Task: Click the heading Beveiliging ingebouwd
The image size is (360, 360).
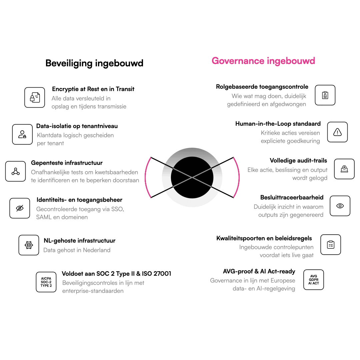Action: pyautogui.click(x=94, y=63)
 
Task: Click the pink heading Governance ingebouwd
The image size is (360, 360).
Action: pyautogui.click(x=263, y=61)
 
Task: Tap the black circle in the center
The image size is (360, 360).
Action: pyautogui.click(x=192, y=177)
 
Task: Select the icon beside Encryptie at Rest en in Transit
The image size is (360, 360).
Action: pyautogui.click(x=35, y=97)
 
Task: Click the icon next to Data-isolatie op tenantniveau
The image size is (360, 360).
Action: pyautogui.click(x=22, y=134)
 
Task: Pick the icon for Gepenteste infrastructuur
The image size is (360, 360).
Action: pyautogui.click(x=16, y=171)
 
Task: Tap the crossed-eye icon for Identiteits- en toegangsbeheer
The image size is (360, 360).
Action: pyautogui.click(x=20, y=208)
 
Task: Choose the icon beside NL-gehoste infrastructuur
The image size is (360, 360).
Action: pyautogui.click(x=29, y=245)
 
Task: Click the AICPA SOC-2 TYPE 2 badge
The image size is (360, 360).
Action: pyautogui.click(x=46, y=282)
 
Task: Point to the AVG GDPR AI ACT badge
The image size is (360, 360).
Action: pyautogui.click(x=314, y=280)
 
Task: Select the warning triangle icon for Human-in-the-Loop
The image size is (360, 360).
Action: pyautogui.click(x=337, y=132)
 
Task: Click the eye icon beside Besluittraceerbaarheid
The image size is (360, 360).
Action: pyautogui.click(x=340, y=206)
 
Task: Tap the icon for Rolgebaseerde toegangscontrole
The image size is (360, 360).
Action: pyautogui.click(x=325, y=95)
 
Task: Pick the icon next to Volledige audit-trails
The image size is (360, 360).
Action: pyautogui.click(x=344, y=169)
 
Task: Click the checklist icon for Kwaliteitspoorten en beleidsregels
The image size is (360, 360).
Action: pyautogui.click(x=331, y=245)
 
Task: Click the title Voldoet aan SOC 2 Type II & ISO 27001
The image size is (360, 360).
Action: pyautogui.click(x=116, y=274)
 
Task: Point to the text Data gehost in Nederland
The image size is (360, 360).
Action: pyautogui.click(x=77, y=250)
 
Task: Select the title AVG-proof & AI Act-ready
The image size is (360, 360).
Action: pyautogui.click(x=259, y=271)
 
